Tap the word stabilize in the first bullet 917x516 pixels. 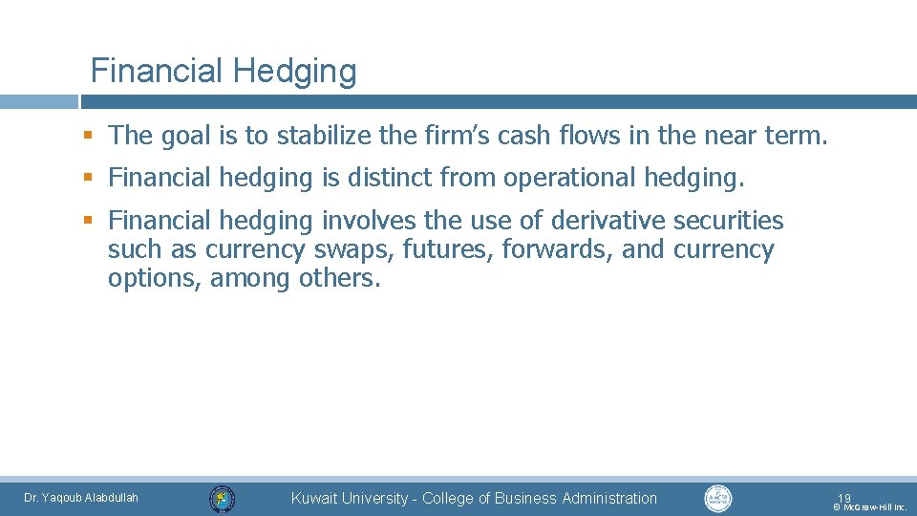(324, 137)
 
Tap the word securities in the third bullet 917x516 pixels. (729, 221)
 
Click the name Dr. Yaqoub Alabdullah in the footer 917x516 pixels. (81, 498)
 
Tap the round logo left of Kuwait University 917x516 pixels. (223, 499)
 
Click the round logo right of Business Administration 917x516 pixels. (717, 498)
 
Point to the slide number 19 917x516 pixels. (844, 498)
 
